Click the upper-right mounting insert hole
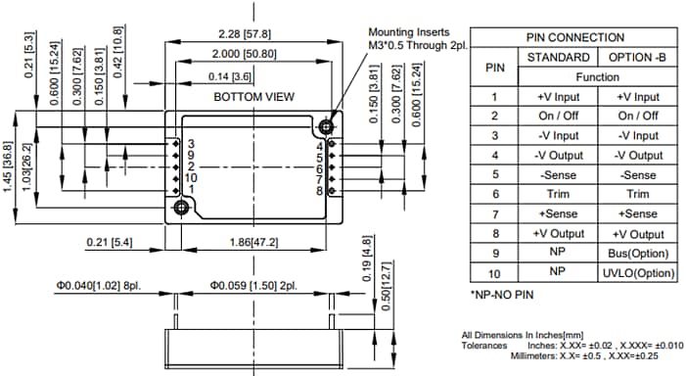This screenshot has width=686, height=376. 326,126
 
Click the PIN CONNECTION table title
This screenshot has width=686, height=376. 575,37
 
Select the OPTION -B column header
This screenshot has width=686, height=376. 637,57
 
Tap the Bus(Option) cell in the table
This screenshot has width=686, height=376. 637,253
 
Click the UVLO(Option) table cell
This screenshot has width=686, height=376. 637,272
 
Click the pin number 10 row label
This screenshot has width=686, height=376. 494,272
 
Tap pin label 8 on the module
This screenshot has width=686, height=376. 319,190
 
